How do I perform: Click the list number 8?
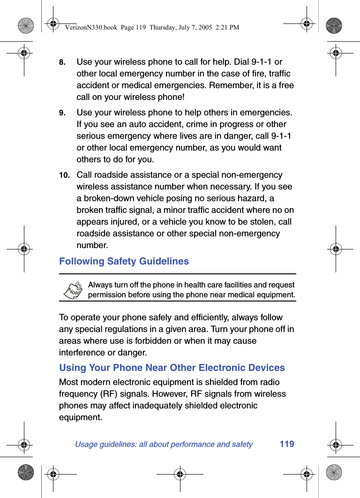(62, 62)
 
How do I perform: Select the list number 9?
(62, 113)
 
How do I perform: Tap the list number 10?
(64, 175)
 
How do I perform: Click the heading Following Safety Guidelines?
(124, 261)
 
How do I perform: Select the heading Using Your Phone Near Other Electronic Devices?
(172, 368)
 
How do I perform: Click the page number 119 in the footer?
(287, 444)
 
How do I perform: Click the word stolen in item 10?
(262, 222)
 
